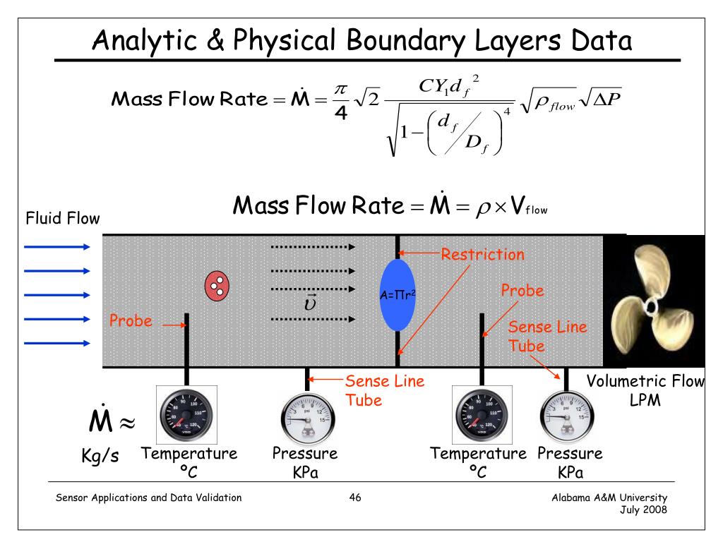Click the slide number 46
pos(355,498)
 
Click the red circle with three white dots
pos(218,284)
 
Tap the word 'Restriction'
pos(483,253)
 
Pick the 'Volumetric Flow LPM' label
pos(646,390)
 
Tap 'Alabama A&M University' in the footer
pos(609,498)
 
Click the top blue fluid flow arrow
pos(57,246)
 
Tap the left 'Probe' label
pos(131,321)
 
